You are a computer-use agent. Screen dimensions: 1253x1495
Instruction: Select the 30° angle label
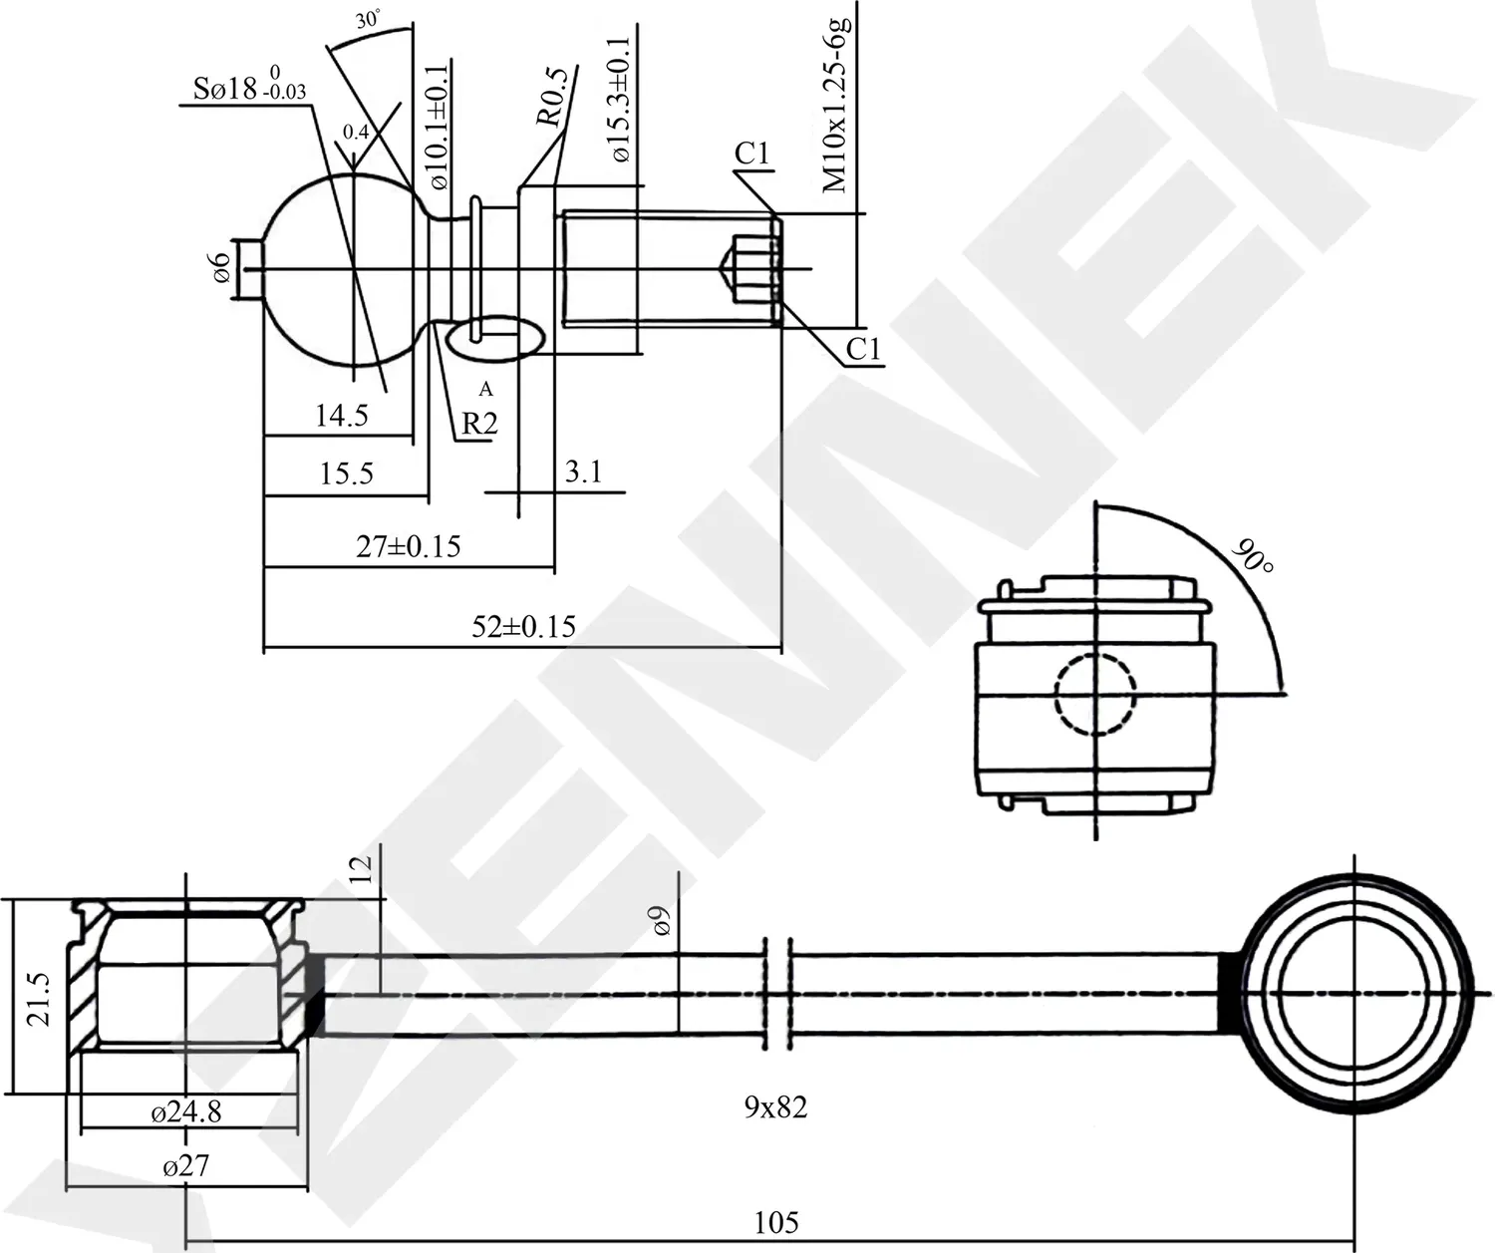tap(369, 19)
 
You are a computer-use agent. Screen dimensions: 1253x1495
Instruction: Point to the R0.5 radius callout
tap(551, 97)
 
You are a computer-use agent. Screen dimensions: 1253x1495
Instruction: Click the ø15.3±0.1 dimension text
tap(619, 100)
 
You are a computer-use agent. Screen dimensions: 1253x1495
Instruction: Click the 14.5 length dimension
tap(341, 416)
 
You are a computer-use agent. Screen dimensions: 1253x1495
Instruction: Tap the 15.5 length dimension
tap(346, 473)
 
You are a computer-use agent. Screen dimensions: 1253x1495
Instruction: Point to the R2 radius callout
tap(478, 424)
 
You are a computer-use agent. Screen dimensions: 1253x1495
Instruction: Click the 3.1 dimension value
tap(583, 471)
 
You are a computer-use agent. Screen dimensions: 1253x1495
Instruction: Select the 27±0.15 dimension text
tap(409, 546)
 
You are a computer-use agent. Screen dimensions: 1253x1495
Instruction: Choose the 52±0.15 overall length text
tap(523, 626)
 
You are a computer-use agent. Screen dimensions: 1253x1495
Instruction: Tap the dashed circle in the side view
tap(1095, 695)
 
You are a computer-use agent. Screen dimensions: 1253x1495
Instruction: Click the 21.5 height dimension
tap(37, 997)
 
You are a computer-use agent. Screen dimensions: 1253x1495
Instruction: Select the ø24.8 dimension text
tap(186, 1111)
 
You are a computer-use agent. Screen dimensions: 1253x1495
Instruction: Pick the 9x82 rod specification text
tap(775, 1106)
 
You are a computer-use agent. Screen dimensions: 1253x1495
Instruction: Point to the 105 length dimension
tap(775, 1222)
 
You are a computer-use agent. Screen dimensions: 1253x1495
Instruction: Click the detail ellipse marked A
tap(496, 339)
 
